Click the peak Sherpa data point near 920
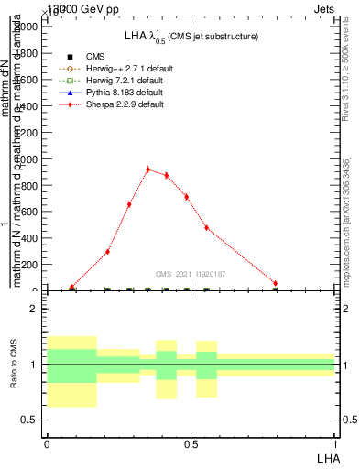pyautogui.click(x=147, y=169)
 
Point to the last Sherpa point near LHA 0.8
pyautogui.click(x=275, y=284)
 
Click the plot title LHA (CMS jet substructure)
pyautogui.click(x=191, y=37)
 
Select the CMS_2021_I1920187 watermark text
pyautogui.click(x=191, y=273)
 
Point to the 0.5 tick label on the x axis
pyautogui.click(x=191, y=443)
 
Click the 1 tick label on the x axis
pyautogui.click(x=335, y=443)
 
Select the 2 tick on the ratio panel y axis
pyautogui.click(x=35, y=310)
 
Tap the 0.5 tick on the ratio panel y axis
pyautogui.click(x=30, y=420)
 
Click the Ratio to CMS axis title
pyautogui.click(x=14, y=365)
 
